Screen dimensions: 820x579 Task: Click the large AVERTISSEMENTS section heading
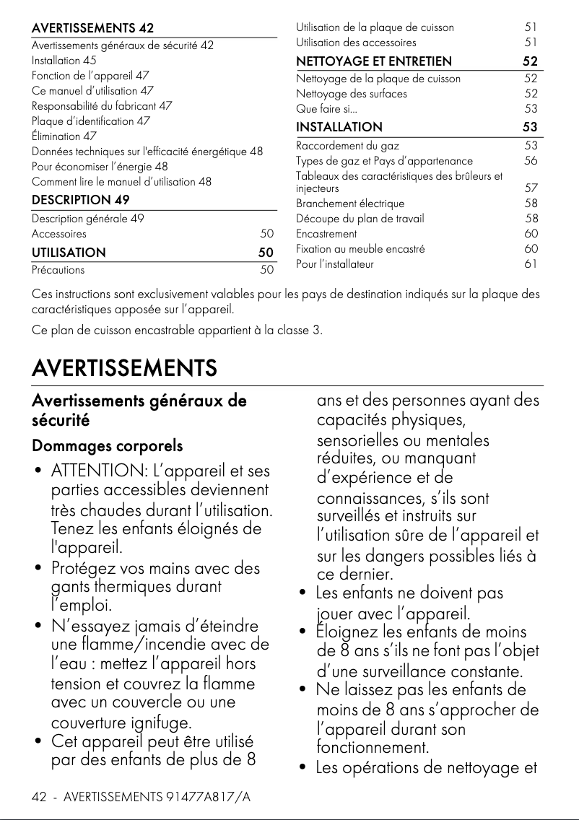124,368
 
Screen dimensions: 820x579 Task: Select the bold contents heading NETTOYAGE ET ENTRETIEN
374,61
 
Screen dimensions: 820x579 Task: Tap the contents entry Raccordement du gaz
347,146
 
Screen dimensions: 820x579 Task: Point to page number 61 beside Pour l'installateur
531,264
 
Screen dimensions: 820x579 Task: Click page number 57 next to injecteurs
531,188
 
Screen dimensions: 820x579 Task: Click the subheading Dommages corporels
107,446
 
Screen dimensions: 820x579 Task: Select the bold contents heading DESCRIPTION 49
81,200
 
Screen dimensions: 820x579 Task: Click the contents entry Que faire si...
326,109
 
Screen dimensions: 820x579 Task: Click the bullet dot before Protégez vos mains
36,569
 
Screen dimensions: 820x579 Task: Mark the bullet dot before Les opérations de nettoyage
302,767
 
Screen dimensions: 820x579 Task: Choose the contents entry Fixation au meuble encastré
360,249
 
